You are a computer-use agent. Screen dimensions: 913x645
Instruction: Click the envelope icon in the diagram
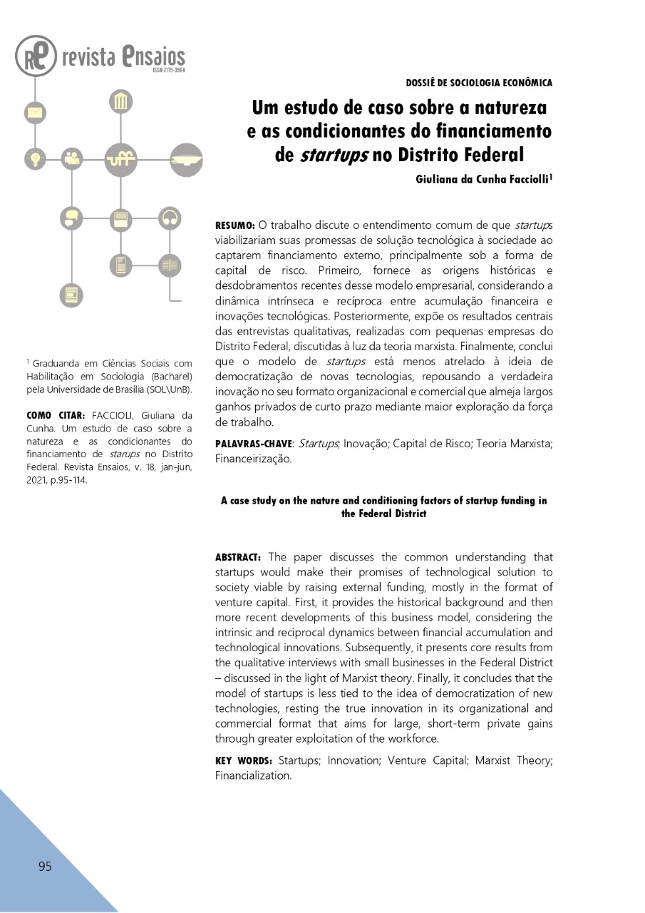point(35,112)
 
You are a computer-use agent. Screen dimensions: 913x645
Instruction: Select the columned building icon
point(120,102)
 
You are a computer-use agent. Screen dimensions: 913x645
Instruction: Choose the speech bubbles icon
point(71,217)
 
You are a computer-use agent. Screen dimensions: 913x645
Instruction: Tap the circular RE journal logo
point(35,56)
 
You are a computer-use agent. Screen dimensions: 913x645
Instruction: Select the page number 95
point(45,867)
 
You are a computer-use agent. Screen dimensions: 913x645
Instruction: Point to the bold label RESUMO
point(234,225)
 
